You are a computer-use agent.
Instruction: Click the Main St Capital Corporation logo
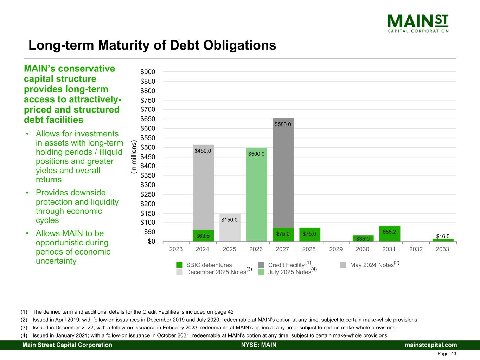pos(418,23)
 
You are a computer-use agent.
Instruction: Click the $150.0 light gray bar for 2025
pos(230,229)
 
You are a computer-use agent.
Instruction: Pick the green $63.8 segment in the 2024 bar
pos(203,236)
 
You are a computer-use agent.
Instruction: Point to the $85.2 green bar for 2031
pos(390,233)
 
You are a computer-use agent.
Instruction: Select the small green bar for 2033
pos(443,240)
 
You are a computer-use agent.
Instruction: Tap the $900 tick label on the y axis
pos(148,72)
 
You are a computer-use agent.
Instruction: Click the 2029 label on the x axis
pos(336,249)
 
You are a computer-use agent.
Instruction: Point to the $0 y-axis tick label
pos(151,242)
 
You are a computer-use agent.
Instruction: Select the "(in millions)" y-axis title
pos(134,157)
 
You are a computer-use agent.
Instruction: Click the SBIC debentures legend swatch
pos(179,265)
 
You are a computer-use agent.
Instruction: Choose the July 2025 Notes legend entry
pos(289,272)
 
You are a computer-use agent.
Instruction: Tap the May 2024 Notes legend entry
pos(372,265)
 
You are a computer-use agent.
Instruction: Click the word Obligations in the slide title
pos(233,45)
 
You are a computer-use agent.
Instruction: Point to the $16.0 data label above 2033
pos(443,236)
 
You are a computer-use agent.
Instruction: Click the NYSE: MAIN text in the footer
pos(259,345)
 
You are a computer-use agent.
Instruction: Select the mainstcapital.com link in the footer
pos(431,345)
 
